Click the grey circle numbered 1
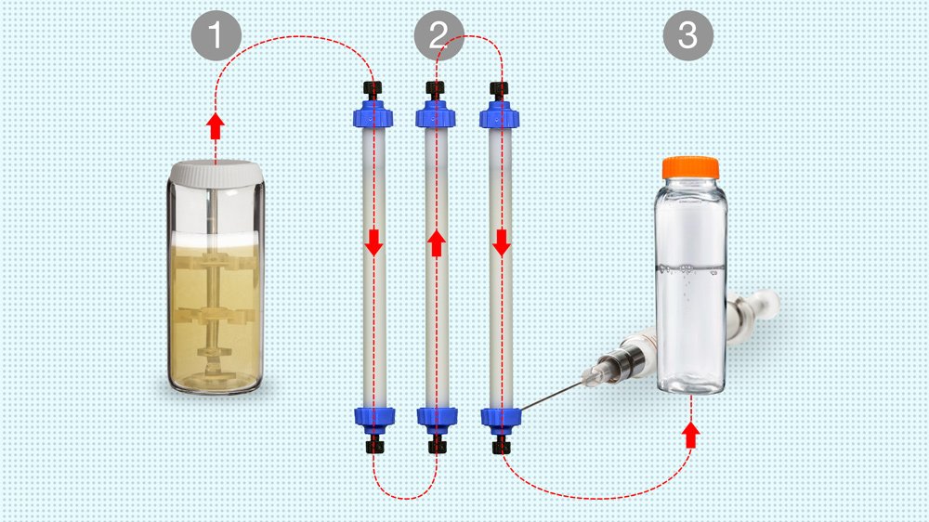pos(216,35)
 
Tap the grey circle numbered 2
pos(439,35)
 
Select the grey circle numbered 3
pos(687,35)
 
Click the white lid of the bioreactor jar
pos(216,174)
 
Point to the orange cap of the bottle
pos(690,168)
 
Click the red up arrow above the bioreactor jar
pos(216,126)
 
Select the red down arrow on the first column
pos(373,242)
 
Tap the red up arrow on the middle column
pos(437,243)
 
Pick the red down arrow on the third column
pos(502,242)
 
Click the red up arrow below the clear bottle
pos(690,435)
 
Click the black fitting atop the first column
pos(373,91)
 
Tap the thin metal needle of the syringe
pos(552,397)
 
